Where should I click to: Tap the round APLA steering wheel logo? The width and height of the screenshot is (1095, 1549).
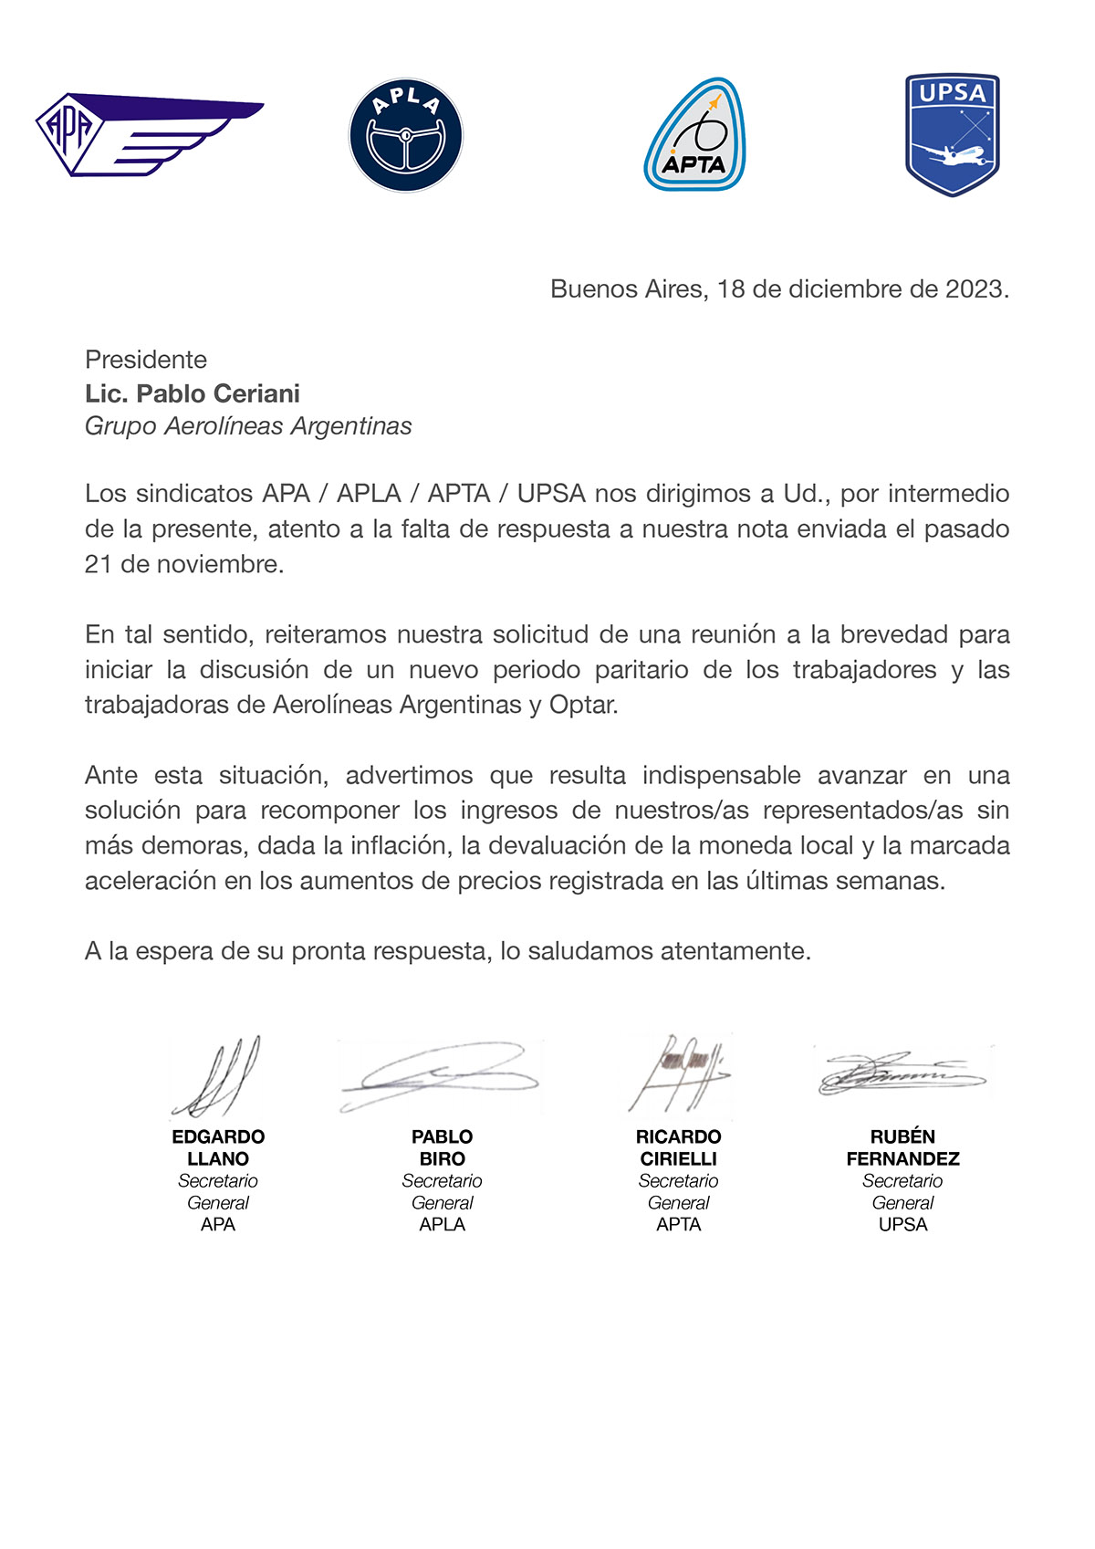pos(406,135)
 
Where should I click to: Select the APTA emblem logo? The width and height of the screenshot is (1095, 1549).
pos(694,135)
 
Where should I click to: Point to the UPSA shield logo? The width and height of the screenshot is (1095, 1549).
pos(952,134)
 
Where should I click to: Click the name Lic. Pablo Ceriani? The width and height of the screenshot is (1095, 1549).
pos(192,393)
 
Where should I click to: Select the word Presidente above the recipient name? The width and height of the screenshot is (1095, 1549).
pos(146,360)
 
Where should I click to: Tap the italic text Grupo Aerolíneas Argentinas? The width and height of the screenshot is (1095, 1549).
pos(248,426)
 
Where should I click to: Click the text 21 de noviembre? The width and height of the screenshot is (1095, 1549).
pos(183,564)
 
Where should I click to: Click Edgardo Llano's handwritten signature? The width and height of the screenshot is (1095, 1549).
pos(217,1077)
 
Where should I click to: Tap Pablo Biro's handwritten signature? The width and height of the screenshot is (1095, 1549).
pos(440,1077)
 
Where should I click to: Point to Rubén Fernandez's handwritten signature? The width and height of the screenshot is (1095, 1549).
pos(902,1073)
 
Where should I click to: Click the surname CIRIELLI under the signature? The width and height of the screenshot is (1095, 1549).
pos(678,1158)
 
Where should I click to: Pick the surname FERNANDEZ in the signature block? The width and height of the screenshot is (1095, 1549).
pos(902,1158)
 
